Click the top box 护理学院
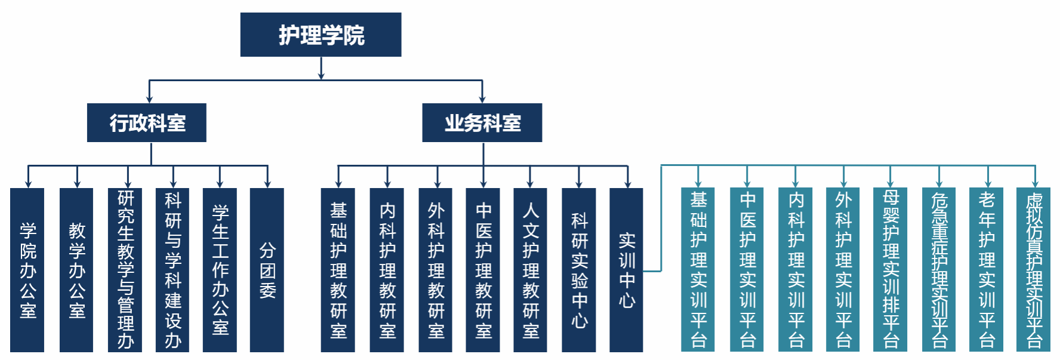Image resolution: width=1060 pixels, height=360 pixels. pos(321,35)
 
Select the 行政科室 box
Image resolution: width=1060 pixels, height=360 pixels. pos(147,122)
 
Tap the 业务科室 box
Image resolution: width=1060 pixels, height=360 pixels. pos(482,122)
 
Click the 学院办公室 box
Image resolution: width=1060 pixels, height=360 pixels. pos(27,270)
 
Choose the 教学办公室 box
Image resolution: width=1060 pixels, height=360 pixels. pos(76,270)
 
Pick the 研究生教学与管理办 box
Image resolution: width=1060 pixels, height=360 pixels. pos(125,270)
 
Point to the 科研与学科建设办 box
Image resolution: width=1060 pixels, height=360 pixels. pos(172,270)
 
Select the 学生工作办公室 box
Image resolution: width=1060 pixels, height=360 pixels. pos(220,270)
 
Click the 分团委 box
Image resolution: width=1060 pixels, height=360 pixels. pos(267,270)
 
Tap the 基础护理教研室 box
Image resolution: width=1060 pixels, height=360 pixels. pos(338,270)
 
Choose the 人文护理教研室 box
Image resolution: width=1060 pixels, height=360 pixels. pos(530,270)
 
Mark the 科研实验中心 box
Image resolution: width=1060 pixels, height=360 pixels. pos(579,270)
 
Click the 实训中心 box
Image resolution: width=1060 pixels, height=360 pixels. pos(626,270)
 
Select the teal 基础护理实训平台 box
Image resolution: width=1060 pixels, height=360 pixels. pos(698,270)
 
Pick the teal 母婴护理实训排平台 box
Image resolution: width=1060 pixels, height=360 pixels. pos(890,270)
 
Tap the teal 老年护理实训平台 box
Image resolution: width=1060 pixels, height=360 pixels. pos(987,270)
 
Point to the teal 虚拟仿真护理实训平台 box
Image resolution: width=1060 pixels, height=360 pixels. pos(1034,270)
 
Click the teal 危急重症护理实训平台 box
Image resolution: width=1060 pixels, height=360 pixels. pos(939,270)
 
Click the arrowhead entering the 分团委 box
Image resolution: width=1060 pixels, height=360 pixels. pos(267,184)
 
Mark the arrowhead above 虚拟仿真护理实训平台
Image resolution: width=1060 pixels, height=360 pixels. pos(1035,184)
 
